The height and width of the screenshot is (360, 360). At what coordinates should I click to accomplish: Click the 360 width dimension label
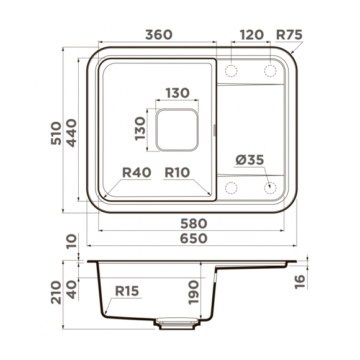click(x=158, y=35)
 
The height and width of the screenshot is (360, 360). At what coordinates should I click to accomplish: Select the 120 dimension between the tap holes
click(x=251, y=35)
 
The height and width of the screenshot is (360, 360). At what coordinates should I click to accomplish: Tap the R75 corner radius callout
click(x=289, y=35)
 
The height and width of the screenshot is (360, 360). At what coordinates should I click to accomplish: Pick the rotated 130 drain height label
click(x=140, y=128)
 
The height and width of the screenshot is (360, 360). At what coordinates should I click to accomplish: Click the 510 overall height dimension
click(x=56, y=132)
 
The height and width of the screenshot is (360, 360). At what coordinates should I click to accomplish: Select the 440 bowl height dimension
click(x=72, y=132)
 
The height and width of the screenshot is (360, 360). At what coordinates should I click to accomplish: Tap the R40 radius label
click(x=137, y=173)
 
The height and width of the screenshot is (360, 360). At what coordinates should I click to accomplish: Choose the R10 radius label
click(x=177, y=173)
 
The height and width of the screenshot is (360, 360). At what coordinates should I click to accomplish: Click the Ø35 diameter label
click(x=250, y=160)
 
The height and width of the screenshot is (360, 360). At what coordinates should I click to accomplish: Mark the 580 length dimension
click(x=191, y=223)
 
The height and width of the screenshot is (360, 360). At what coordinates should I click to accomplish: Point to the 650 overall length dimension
click(x=191, y=238)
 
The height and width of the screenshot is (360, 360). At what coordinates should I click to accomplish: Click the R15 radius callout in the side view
click(x=127, y=290)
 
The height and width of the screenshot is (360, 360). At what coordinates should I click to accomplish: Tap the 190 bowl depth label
click(x=193, y=292)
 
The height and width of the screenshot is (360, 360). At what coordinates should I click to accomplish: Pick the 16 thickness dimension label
click(x=300, y=281)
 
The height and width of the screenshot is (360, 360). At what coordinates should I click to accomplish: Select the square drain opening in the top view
click(x=176, y=129)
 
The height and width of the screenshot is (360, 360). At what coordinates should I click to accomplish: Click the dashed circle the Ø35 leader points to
click(x=271, y=187)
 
